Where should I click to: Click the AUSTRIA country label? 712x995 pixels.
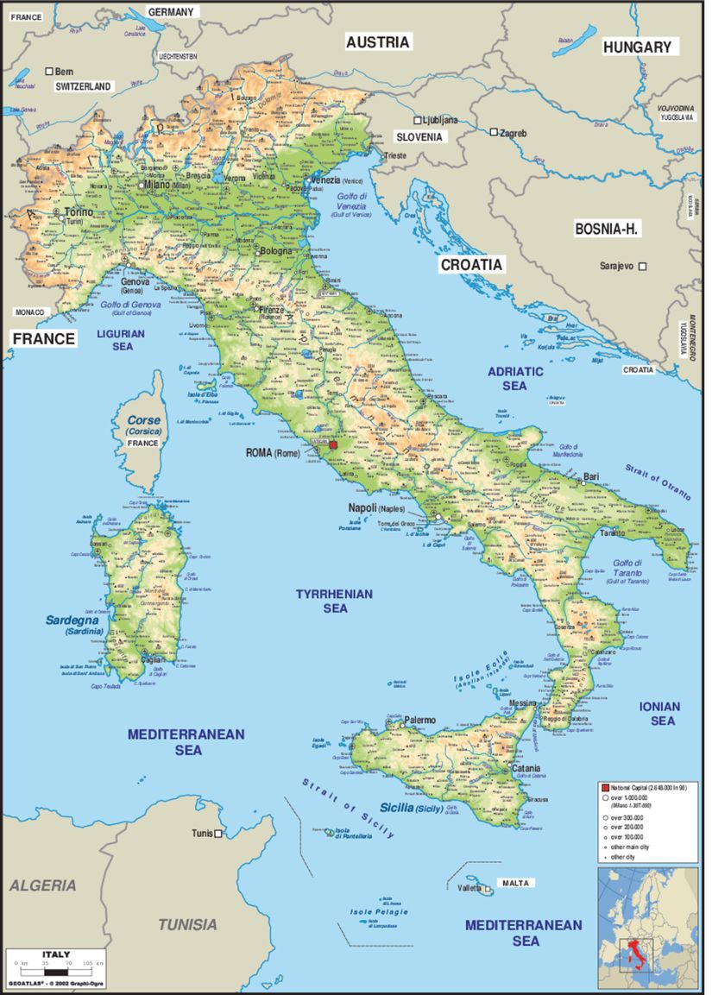(378, 41)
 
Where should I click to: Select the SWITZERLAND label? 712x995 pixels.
(83, 87)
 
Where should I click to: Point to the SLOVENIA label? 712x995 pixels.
(419, 137)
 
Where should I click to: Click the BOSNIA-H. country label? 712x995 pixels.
(611, 229)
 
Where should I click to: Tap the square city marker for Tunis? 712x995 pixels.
(219, 834)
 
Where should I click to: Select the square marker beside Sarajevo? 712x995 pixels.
(642, 267)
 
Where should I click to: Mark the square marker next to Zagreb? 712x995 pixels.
(494, 133)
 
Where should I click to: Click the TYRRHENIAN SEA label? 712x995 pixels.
(335, 601)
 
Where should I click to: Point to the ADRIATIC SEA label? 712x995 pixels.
(515, 378)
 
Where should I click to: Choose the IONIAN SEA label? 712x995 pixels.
(660, 713)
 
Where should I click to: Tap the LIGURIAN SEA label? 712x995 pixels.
(122, 339)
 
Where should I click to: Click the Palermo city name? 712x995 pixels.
(420, 720)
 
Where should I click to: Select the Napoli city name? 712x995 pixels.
(362, 508)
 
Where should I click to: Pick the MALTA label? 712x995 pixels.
(516, 883)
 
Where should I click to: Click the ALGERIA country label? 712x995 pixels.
(42, 885)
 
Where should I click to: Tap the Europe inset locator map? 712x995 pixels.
(650, 928)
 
